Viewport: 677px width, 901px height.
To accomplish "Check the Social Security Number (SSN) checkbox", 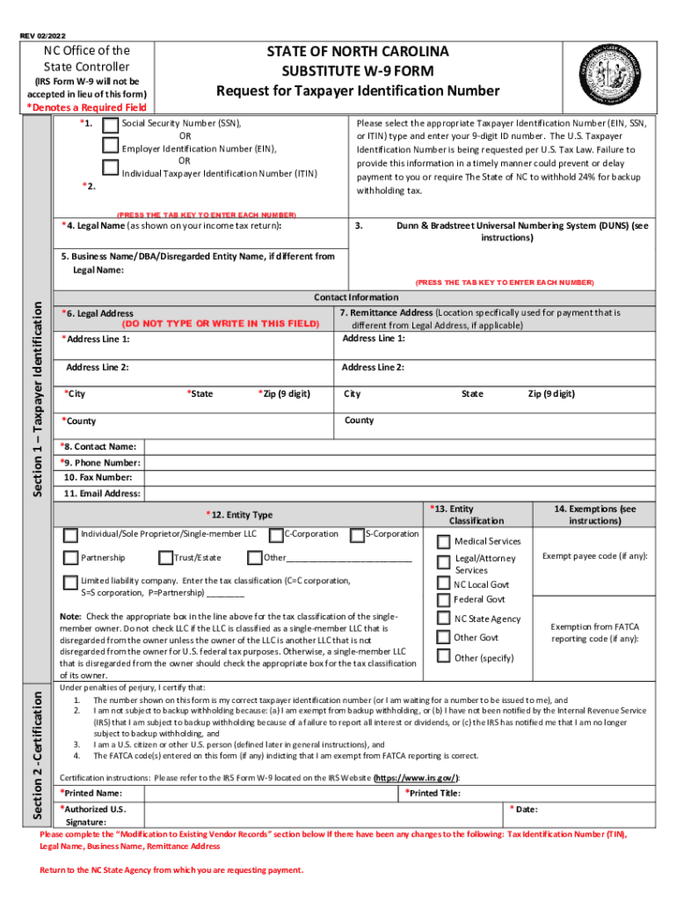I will pyautogui.click(x=111, y=125).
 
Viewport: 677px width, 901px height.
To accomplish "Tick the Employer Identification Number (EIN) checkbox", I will pyautogui.click(x=111, y=146).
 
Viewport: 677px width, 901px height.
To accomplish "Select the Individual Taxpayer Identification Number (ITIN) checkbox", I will pyautogui.click(x=111, y=168).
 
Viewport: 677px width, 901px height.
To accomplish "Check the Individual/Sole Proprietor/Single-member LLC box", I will pyautogui.click(x=70, y=534).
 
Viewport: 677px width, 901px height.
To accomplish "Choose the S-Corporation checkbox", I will pyautogui.click(x=357, y=534).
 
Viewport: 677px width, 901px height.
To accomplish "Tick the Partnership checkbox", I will pyautogui.click(x=70, y=557).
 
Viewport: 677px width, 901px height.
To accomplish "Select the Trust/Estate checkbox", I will pyautogui.click(x=165, y=557).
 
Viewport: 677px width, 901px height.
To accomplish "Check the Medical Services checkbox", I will pyautogui.click(x=444, y=541).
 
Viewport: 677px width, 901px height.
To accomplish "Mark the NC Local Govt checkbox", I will pyautogui.click(x=444, y=583).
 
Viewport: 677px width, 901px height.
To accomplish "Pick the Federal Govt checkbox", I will pyautogui.click(x=444, y=599).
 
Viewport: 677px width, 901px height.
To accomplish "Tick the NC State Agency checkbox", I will pyautogui.click(x=444, y=619).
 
